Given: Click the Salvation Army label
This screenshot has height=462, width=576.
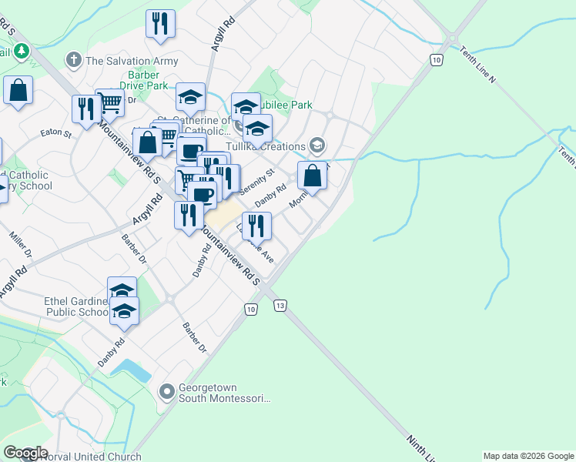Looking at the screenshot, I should [132, 61].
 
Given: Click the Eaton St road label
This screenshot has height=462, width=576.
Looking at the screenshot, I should [56, 134].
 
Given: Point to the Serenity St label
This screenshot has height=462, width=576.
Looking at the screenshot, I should [257, 182].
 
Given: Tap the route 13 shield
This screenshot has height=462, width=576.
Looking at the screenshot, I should [280, 306].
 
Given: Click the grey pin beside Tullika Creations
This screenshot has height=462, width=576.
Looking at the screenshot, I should [316, 146].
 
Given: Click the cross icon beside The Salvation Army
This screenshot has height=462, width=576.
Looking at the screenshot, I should [74, 59].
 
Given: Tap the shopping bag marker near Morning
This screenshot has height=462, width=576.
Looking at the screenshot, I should [313, 176].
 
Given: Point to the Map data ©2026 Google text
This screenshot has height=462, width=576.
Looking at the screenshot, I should [528, 456].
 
